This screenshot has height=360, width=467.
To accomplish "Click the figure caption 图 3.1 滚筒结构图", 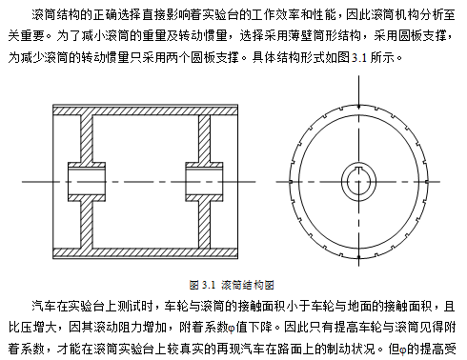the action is (x=232, y=285).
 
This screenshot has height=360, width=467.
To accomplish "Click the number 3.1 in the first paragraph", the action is (x=359, y=58).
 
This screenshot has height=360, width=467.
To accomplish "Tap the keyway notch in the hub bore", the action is (x=358, y=169).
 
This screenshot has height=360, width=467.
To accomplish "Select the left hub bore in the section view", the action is (x=87, y=182).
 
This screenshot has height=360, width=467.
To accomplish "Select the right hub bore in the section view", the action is (x=204, y=182).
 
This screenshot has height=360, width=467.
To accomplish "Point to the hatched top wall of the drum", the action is (x=145, y=110).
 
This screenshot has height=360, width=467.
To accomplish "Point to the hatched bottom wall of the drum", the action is (x=145, y=253).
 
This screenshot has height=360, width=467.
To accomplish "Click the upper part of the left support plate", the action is (x=87, y=139).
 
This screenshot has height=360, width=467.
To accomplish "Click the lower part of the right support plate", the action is (x=204, y=225).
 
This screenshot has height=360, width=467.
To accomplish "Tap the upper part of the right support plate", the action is (x=204, y=139).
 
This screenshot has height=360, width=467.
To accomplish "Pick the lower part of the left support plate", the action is (x=87, y=225).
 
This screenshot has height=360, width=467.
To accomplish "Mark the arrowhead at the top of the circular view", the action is (x=359, y=106).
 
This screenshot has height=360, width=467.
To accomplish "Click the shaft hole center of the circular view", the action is (x=359, y=182).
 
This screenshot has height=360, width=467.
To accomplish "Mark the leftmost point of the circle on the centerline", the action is (x=291, y=182).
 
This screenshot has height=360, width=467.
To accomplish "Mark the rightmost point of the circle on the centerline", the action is (x=427, y=182).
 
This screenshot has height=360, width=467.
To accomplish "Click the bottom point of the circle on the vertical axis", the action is (x=359, y=256).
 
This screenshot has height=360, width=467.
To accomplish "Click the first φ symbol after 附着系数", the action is (x=232, y=329).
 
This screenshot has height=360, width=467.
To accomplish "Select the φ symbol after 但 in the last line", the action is (x=402, y=350).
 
